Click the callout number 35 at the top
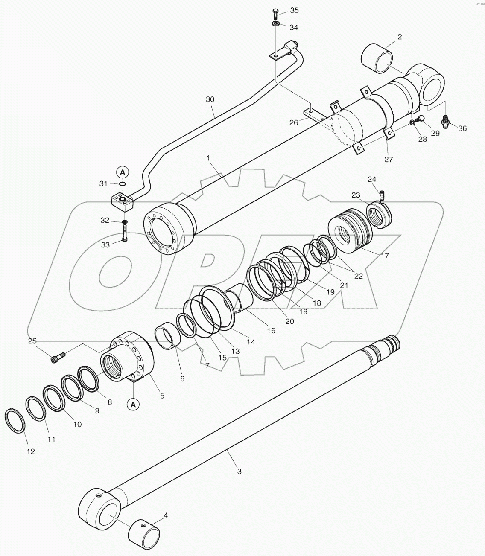295,10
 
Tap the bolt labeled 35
275,13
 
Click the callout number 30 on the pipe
210,99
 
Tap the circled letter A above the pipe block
122,172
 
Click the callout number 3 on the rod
239,471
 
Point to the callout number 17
385,256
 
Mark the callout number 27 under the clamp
388,160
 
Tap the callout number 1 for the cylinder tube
208,158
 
